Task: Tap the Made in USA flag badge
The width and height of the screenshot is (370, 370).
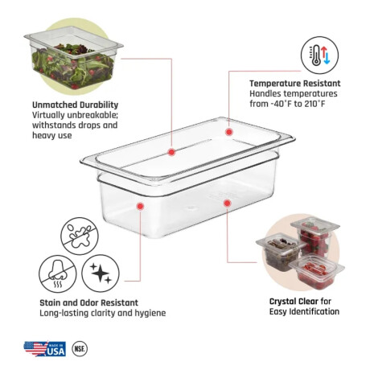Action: coord(45,348)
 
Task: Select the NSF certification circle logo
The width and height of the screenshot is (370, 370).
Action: coord(80,348)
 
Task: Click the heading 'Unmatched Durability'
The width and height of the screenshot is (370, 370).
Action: coord(75,105)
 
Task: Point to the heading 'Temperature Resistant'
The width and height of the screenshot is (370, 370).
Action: coord(295,84)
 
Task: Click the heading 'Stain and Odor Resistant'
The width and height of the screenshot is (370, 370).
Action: coord(88,302)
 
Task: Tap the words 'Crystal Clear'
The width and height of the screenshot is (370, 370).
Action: coord(294,302)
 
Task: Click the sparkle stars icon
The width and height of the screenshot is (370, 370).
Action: coord(101,273)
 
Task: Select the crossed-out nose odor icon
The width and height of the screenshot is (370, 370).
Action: coord(58,273)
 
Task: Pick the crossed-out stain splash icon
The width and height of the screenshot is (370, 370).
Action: coord(80,236)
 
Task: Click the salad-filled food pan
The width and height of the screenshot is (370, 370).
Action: coord(74,58)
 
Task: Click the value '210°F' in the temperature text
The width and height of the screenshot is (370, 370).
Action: coord(314,104)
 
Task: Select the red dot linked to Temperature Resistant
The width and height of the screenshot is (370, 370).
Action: coord(228,132)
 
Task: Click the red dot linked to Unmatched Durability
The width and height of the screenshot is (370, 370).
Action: coord(171,152)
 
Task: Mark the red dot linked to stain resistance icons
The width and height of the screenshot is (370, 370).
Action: coord(140,206)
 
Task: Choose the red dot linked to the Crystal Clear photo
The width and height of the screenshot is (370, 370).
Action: coord(227,203)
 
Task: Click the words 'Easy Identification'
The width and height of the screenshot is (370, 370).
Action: coord(304,312)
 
